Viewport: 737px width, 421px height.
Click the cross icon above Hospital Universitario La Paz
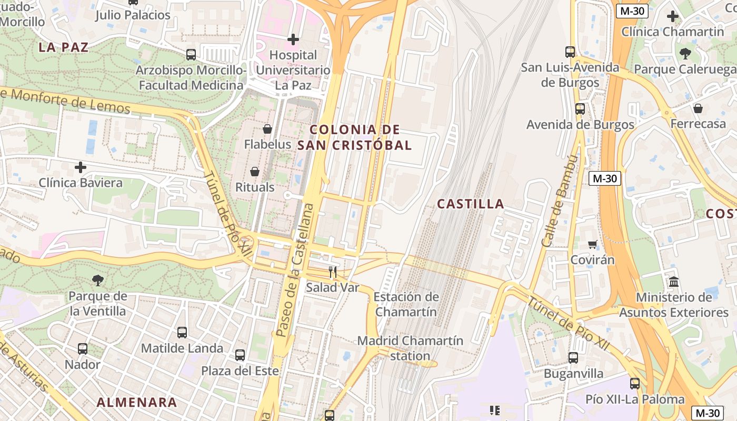tap(293, 39)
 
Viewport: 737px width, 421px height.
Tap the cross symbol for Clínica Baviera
tap(81, 168)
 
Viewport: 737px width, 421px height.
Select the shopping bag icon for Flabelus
tap(267, 129)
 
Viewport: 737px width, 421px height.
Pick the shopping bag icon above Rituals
tap(255, 172)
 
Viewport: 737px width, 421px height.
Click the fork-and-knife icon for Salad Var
tap(332, 272)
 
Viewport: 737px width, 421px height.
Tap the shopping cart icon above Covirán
tap(593, 244)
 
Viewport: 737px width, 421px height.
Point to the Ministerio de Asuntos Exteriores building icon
tap(674, 282)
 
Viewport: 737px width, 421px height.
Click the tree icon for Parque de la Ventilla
tap(97, 280)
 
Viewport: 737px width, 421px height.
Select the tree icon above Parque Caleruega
tap(685, 53)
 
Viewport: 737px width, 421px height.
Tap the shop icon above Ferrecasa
tap(698, 108)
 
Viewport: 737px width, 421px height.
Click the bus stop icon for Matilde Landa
tap(182, 333)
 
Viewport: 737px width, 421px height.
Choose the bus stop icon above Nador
tap(83, 349)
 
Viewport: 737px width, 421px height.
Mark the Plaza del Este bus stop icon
tap(240, 355)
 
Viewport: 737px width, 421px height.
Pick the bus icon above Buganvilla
tap(573, 358)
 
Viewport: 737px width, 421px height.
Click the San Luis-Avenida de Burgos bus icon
tap(570, 52)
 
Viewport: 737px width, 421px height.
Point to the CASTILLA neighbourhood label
tap(471, 204)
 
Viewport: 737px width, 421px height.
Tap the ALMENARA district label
tap(137, 403)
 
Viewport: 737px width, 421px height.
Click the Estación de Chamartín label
tap(406, 304)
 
